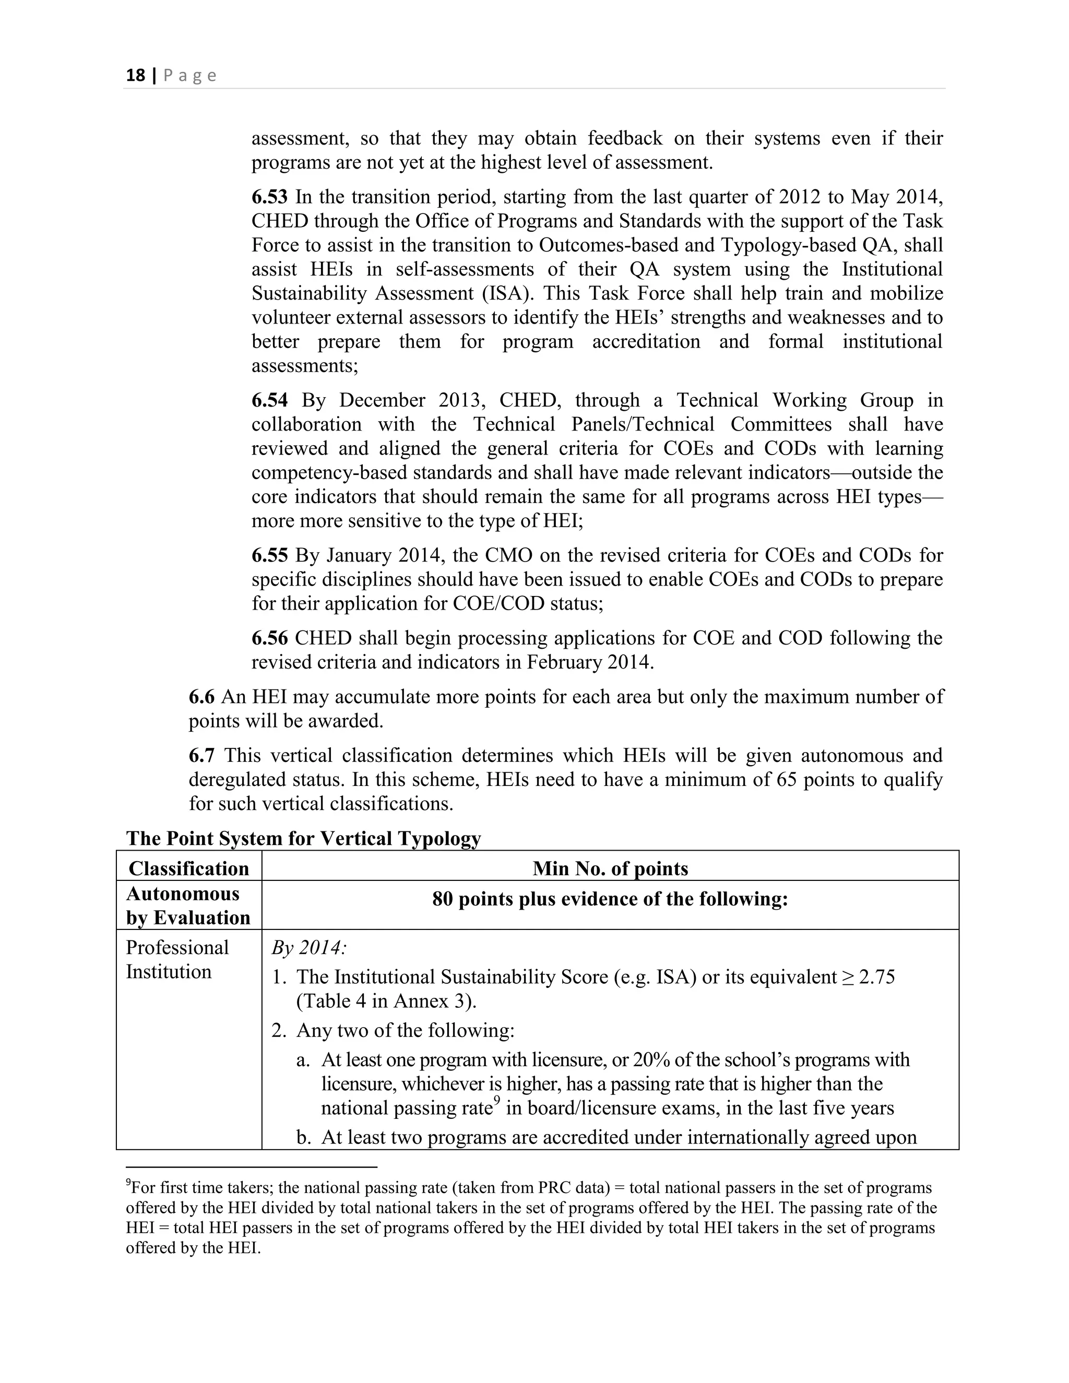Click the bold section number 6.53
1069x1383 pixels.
[x=269, y=197]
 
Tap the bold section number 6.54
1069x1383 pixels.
[x=269, y=400]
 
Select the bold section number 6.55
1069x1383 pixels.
[x=269, y=555]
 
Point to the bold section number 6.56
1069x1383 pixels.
[x=269, y=638]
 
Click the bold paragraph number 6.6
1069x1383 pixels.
[x=201, y=697]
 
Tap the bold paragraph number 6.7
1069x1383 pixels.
[x=201, y=756]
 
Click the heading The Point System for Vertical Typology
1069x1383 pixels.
[x=303, y=839]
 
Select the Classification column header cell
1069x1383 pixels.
[x=189, y=868]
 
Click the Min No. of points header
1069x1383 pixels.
[x=610, y=868]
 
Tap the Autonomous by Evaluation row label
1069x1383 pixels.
[x=188, y=905]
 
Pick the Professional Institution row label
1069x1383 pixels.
[x=177, y=959]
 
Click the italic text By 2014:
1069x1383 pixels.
[x=309, y=948]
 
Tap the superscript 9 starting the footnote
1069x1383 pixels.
[x=128, y=1182]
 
